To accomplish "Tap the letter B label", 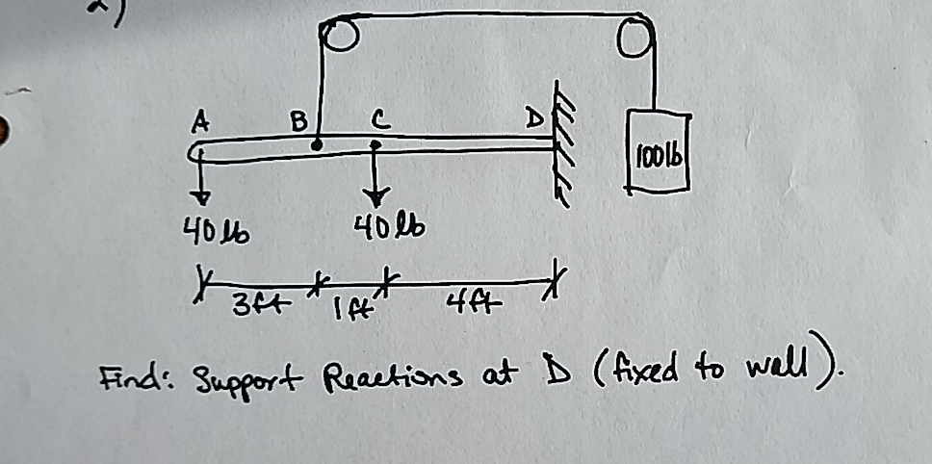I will [299, 121].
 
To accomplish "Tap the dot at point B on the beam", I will [317, 146].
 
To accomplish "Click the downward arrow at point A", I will [201, 182].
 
